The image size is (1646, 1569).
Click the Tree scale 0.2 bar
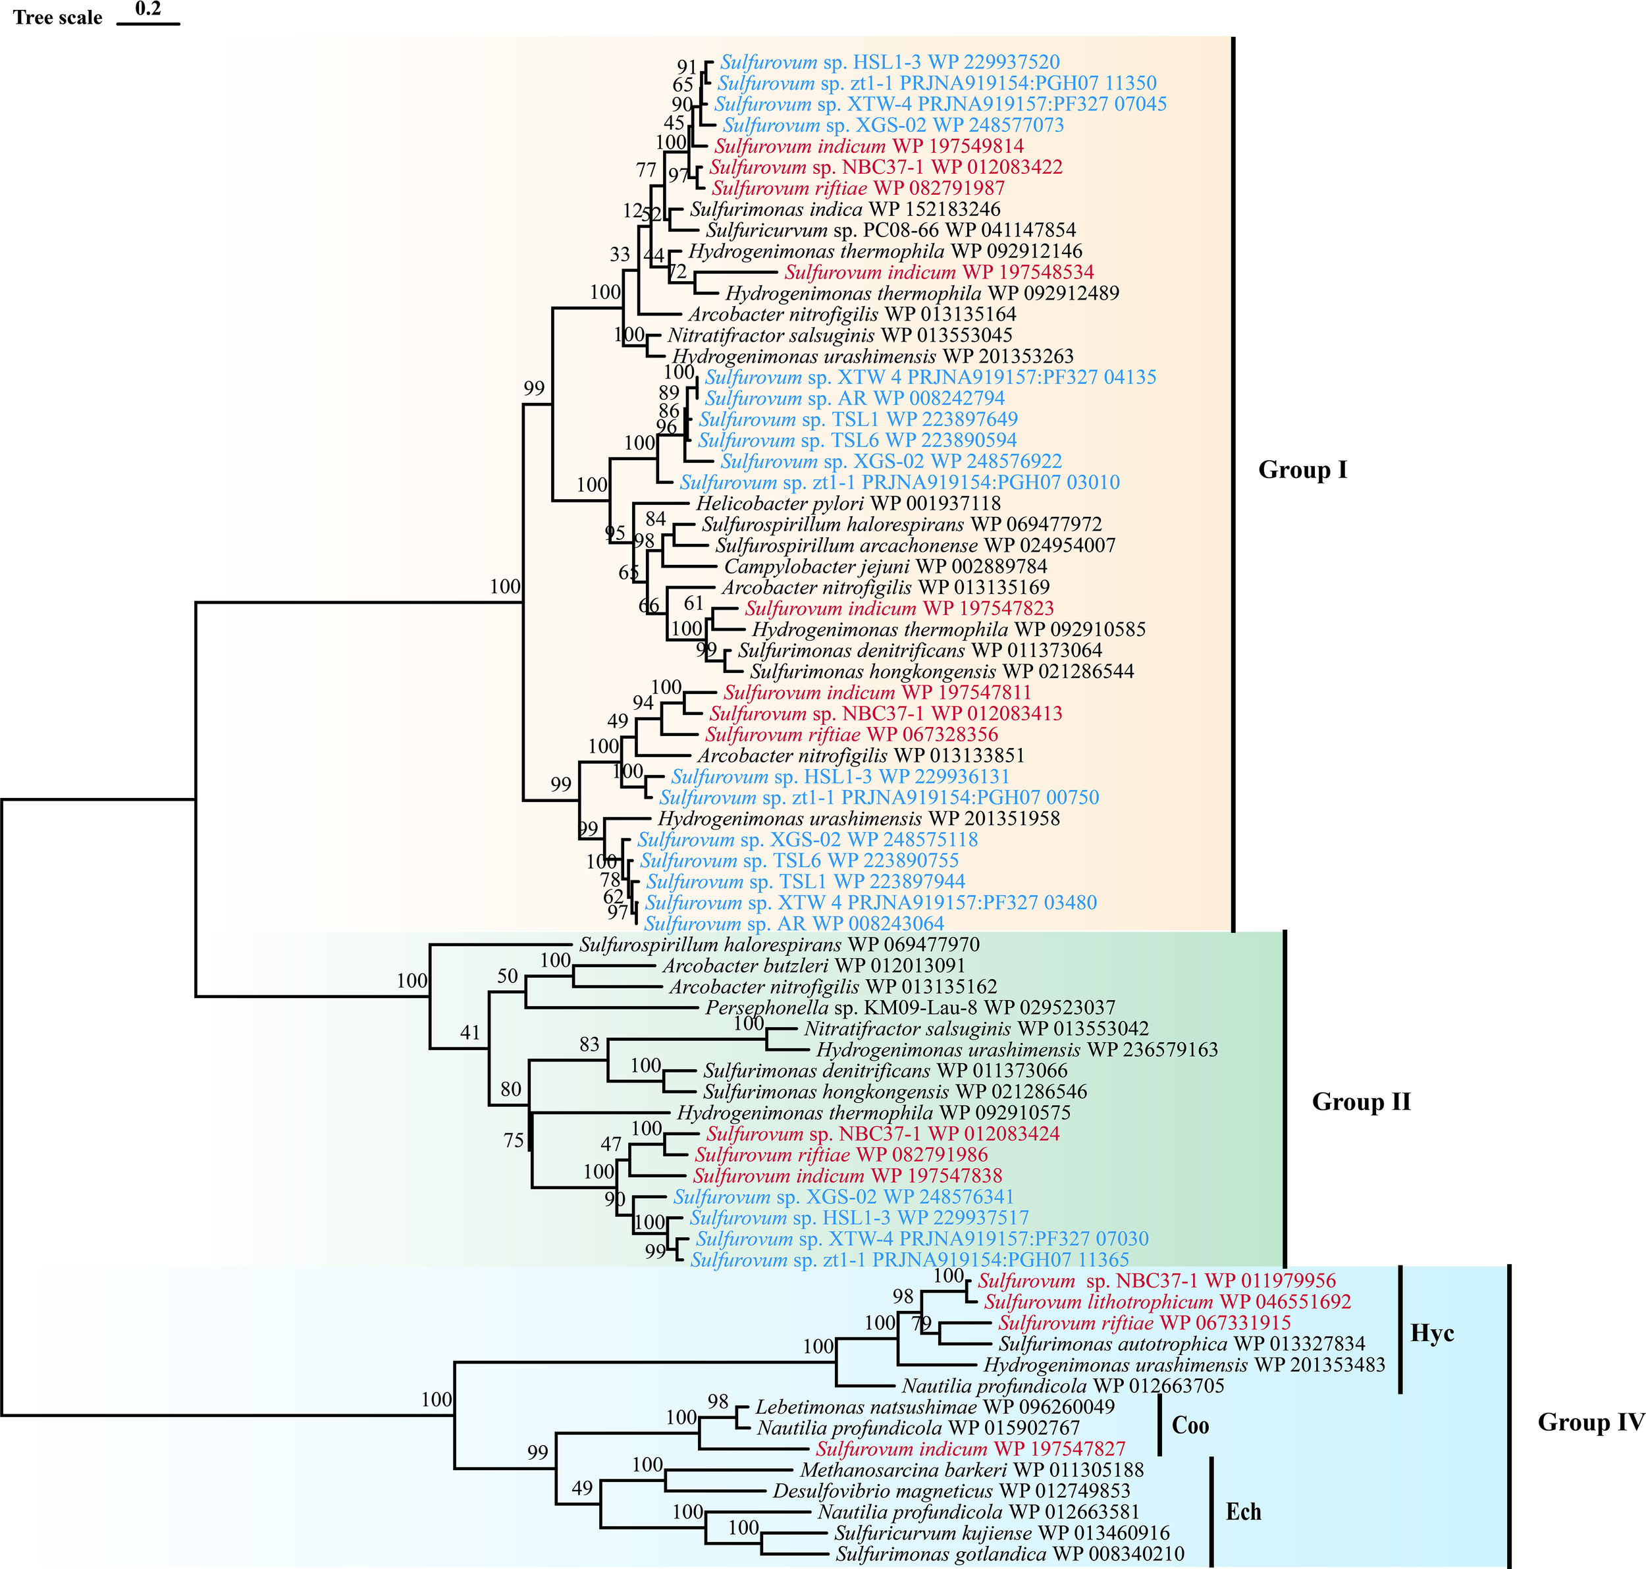coord(148,22)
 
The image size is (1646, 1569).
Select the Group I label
coord(1302,470)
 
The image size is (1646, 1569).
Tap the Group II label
coord(1361,1102)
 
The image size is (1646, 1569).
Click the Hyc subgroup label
coord(1432,1333)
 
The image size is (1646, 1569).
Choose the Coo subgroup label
coord(1190,1425)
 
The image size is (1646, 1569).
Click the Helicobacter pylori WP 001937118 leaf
coord(848,504)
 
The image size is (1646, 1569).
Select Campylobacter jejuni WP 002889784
coord(885,566)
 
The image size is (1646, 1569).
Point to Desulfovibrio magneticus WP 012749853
coord(951,1491)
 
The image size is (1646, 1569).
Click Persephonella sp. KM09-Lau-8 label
coord(910,1008)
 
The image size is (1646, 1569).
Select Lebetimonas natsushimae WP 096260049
coord(935,1407)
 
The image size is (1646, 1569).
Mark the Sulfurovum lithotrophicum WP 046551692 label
coord(1167,1302)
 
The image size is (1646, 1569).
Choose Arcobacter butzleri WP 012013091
coord(814,966)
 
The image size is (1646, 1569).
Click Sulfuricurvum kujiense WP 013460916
coord(1002,1533)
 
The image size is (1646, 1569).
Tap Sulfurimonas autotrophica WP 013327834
coord(1182,1344)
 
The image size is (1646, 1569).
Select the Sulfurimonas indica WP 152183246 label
coord(845,209)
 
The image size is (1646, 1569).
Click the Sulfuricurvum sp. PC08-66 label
coord(891,230)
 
